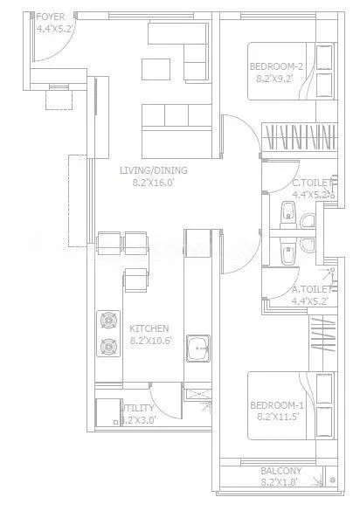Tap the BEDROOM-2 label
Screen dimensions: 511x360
pos(275,66)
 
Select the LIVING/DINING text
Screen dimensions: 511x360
pos(154,170)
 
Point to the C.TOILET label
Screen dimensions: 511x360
pos(312,183)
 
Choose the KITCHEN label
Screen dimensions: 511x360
pos(149,328)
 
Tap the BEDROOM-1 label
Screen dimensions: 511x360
pos(276,405)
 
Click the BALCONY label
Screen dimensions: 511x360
pos(281,471)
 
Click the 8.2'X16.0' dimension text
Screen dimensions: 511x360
pos(154,183)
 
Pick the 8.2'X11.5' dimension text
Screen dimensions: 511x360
pos(276,418)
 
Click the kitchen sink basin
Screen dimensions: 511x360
pos(197,348)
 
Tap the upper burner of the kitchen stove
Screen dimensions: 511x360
pos(109,320)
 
